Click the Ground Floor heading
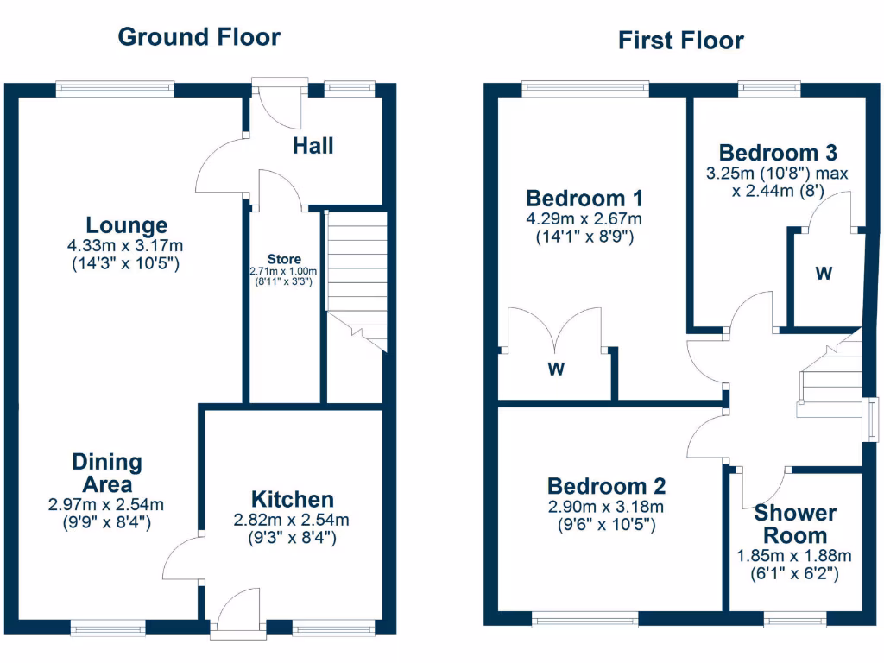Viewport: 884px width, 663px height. [199, 37]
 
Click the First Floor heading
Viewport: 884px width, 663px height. [680, 41]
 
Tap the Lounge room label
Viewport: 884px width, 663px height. [127, 226]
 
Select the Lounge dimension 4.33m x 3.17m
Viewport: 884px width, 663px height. [126, 246]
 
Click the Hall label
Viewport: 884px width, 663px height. [313, 146]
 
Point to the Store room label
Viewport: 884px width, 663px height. [284, 259]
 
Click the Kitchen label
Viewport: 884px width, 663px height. [292, 499]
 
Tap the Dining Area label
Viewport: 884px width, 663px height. [107, 473]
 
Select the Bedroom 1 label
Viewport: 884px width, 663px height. [584, 198]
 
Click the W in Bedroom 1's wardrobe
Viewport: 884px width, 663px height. [556, 370]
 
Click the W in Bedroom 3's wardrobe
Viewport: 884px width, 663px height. [824, 274]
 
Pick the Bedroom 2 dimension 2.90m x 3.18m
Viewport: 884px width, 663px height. [606, 507]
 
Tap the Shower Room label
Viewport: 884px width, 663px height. [795, 524]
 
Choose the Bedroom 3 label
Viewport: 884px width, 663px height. [777, 153]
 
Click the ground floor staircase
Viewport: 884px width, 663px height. [355, 272]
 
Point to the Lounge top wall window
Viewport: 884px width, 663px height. [115, 89]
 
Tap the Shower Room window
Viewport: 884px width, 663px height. [794, 619]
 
